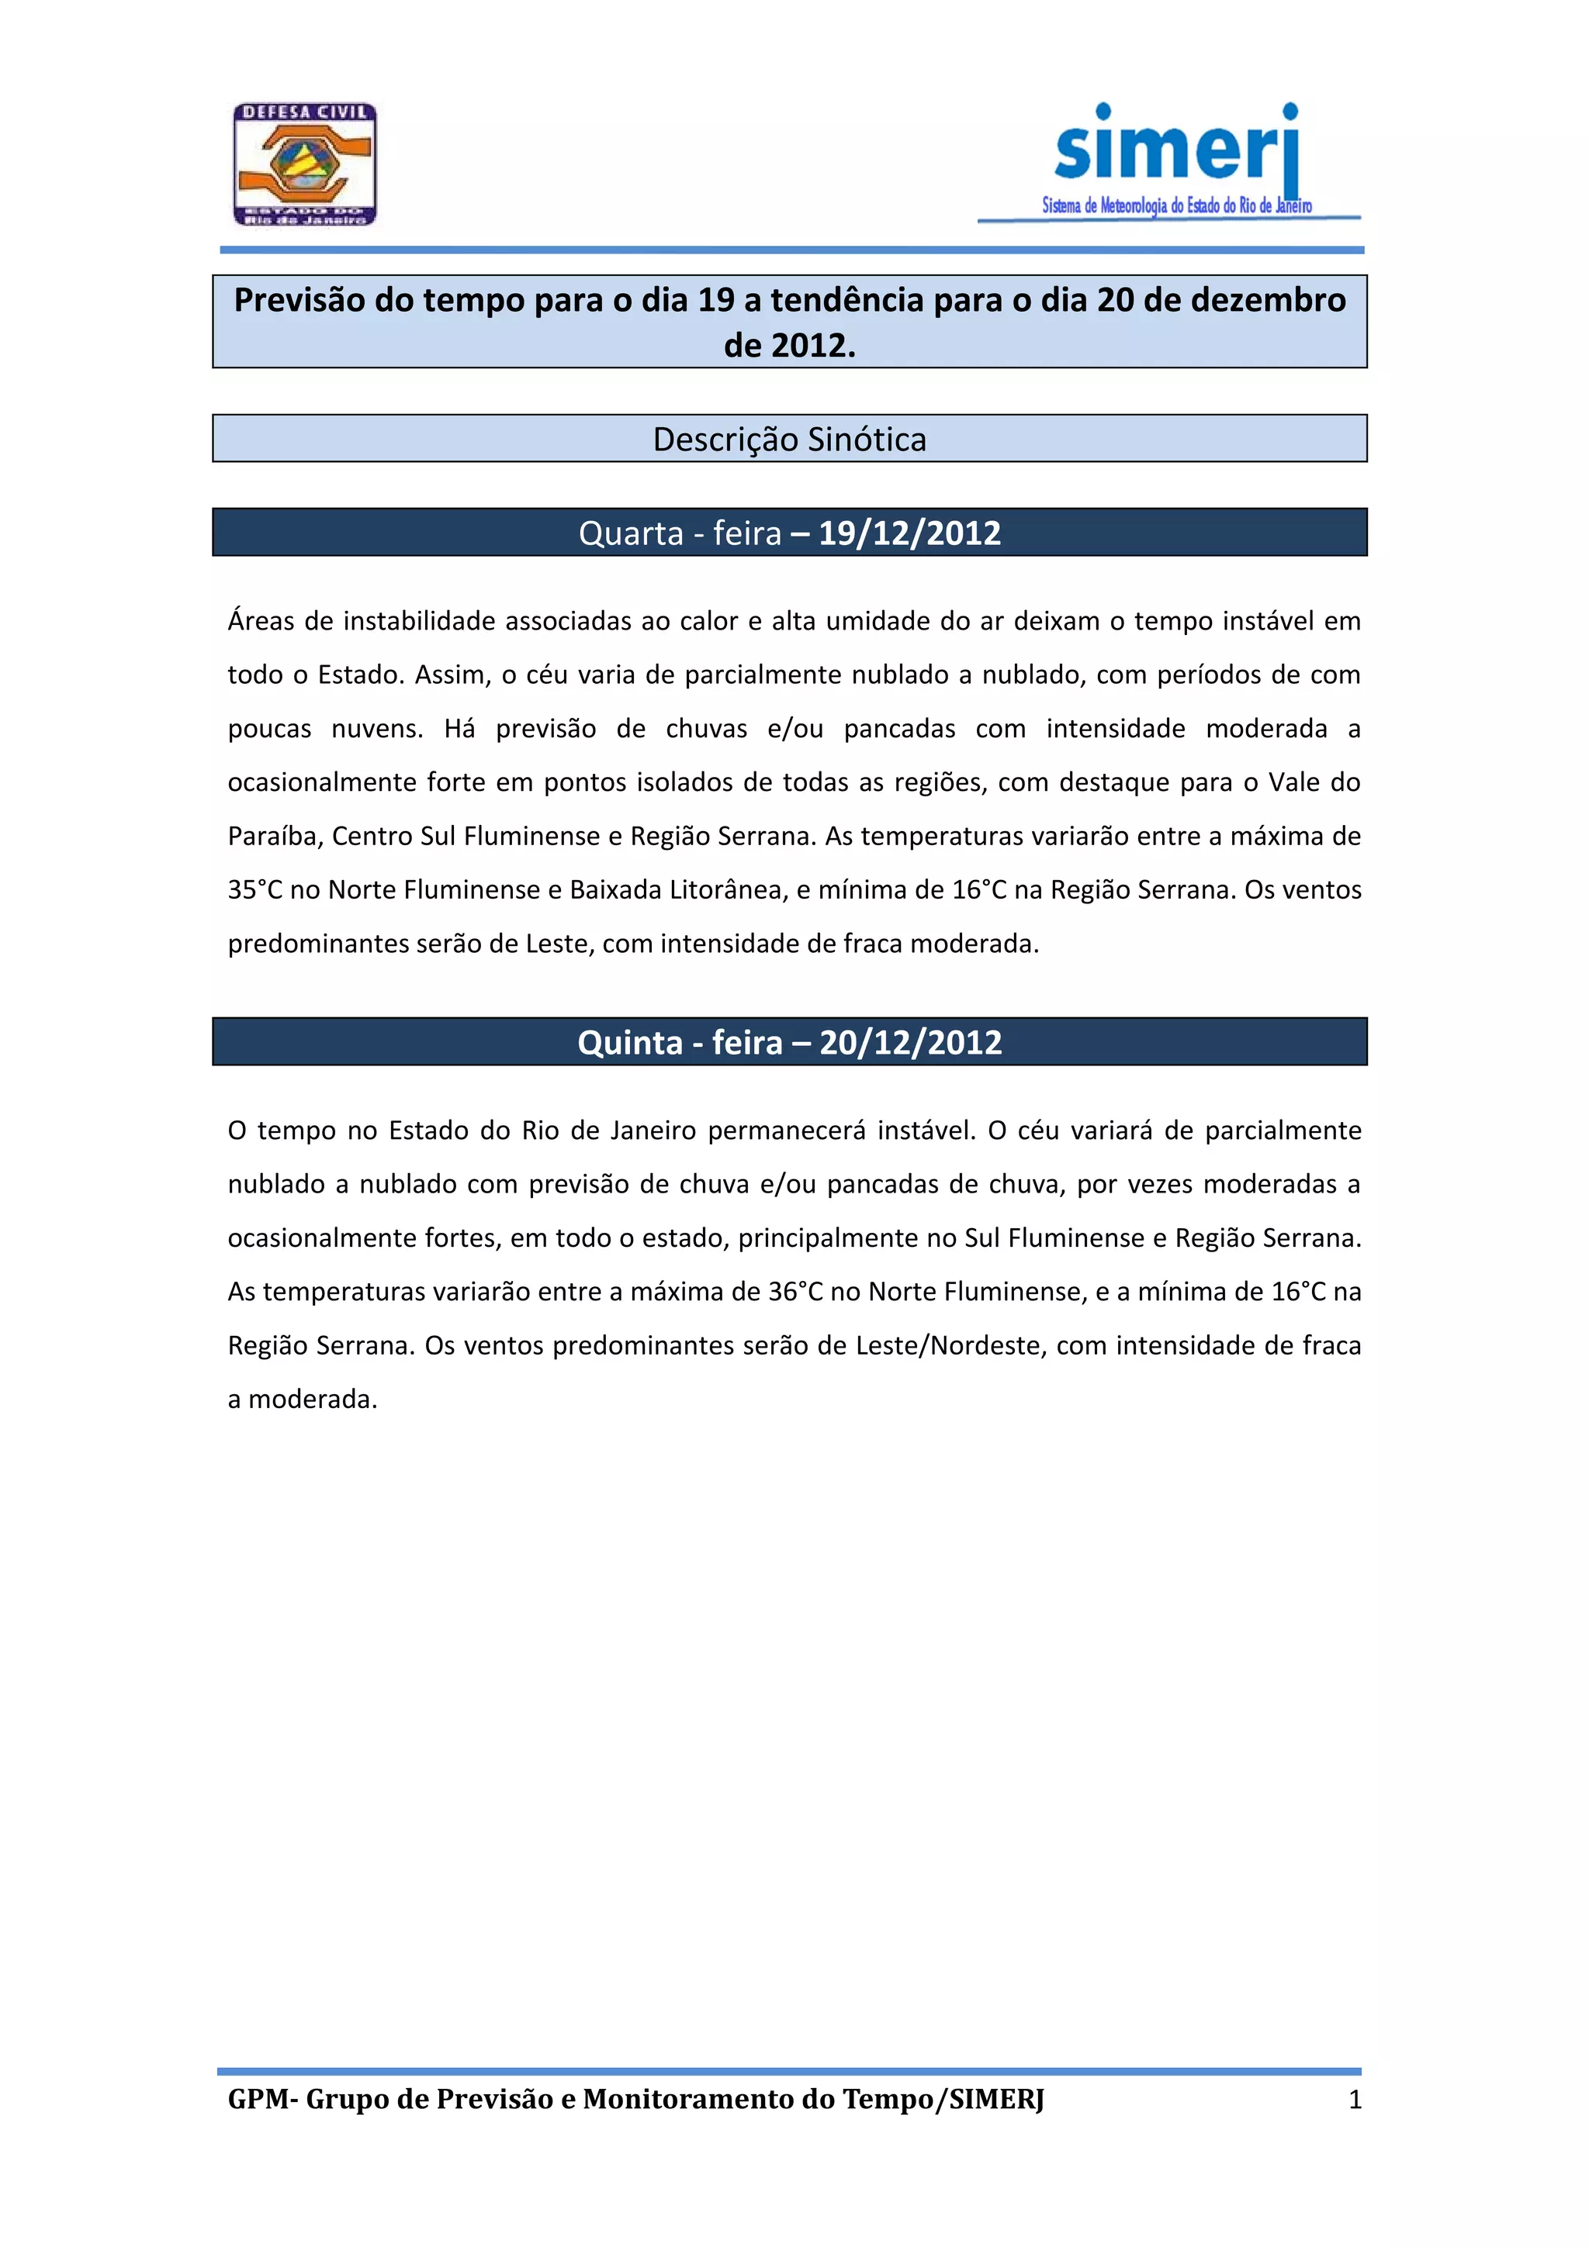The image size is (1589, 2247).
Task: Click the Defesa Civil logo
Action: [304, 165]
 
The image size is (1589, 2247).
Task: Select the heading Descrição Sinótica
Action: [789, 440]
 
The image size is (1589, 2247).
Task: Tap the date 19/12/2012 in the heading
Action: [909, 533]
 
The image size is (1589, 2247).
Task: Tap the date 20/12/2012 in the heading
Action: [911, 1042]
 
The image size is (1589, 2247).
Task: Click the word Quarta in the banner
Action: [631, 533]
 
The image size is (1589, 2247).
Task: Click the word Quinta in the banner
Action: [629, 1042]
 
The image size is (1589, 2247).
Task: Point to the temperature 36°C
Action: [795, 1292]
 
